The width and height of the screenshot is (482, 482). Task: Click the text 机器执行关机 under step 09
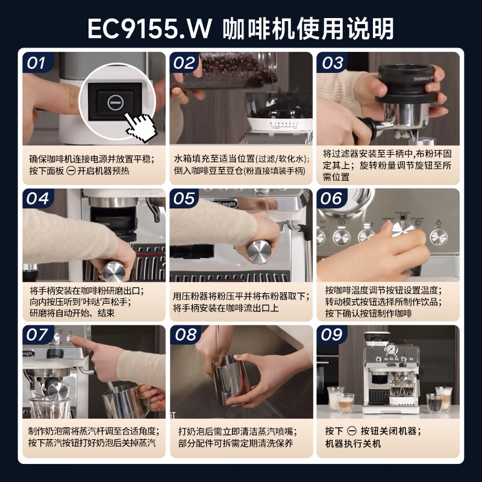[353, 444]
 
